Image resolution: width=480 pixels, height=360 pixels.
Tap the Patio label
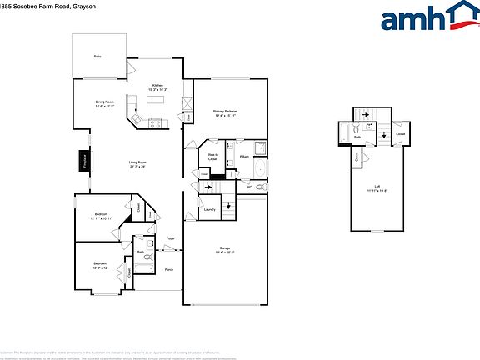97,56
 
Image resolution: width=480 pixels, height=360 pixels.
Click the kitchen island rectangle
157,99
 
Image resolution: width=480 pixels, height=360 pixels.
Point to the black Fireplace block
83,159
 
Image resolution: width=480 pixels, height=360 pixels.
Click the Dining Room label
104,104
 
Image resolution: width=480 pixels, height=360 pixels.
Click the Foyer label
170,239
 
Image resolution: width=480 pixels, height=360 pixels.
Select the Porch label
168,269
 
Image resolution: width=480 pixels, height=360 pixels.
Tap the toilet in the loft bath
355,129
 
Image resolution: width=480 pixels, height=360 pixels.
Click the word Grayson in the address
72,6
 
